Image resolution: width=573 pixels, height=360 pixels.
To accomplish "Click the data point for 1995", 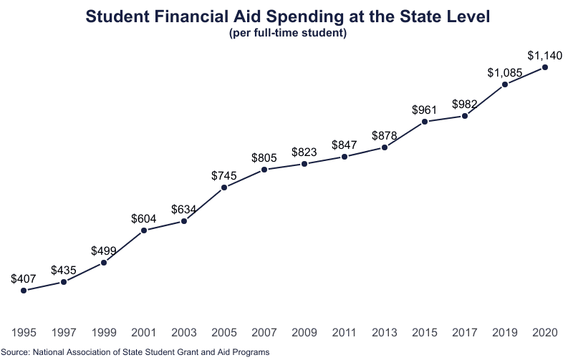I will click(24, 291).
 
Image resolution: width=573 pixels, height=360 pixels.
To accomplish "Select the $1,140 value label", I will click(545, 54).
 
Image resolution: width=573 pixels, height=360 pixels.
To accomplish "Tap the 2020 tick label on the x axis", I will click(545, 333).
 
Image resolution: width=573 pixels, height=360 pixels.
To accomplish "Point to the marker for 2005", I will click(224, 188).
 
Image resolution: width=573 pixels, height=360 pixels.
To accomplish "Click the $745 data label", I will click(224, 175).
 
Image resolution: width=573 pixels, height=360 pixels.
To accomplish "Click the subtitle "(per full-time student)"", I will click(287, 34).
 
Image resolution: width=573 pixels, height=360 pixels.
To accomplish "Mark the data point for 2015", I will click(425, 122).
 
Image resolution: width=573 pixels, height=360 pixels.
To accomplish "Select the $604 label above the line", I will click(144, 218).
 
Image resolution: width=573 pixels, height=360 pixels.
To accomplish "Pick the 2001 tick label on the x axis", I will click(144, 333).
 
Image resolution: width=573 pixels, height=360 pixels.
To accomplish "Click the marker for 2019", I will click(505, 84).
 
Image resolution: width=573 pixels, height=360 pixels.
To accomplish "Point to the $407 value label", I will click(24, 278).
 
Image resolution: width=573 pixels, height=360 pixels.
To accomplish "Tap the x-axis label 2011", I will click(345, 333).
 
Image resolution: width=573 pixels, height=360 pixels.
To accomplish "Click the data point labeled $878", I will click(385, 147).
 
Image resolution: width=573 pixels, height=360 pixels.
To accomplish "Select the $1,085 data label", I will click(505, 72).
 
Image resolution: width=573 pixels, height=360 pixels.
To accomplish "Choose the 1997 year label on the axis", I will click(64, 333).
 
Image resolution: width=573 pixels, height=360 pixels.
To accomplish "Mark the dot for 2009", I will click(304, 164).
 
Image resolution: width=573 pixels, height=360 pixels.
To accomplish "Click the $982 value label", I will click(465, 104).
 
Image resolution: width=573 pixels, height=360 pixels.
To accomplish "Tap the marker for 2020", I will click(545, 67).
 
